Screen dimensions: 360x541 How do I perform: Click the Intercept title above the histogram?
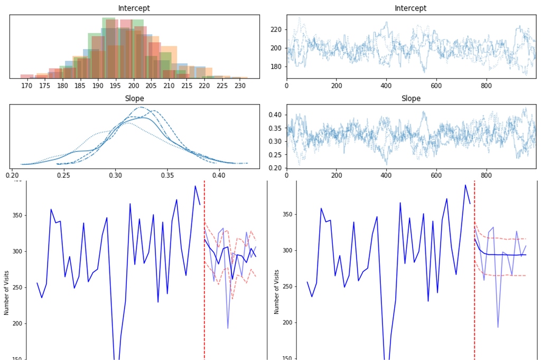pyautogui.click(x=134, y=8)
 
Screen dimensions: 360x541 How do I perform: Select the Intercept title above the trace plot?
pyautogui.click(x=411, y=8)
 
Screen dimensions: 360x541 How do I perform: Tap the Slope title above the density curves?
pyautogui.click(x=134, y=99)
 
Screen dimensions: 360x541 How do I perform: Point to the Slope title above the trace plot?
pyautogui.click(x=411, y=99)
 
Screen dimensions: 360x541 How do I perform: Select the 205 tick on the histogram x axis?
pyautogui.click(x=152, y=86)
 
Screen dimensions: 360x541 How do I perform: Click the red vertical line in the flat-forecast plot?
pyautogui.click(x=474, y=269)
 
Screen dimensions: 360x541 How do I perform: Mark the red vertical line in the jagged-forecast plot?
pyautogui.click(x=204, y=269)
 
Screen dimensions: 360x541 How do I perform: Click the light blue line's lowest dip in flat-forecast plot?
pyautogui.click(x=498, y=327)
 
